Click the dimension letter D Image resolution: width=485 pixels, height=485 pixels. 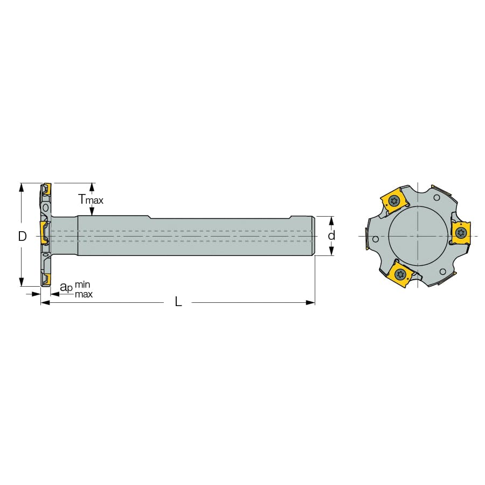click(x=22, y=237)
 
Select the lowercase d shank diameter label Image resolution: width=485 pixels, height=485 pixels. click(x=331, y=235)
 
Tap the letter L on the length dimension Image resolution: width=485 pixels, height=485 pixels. click(x=178, y=302)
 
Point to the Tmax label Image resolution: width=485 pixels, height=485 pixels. click(x=91, y=199)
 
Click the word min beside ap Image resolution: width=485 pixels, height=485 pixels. click(x=82, y=284)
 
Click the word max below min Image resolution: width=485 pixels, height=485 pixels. click(x=84, y=294)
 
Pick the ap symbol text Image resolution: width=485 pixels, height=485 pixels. click(x=66, y=287)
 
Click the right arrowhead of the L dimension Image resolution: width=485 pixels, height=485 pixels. click(x=310, y=302)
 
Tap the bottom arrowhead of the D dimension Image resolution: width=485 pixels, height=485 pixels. click(x=22, y=282)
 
